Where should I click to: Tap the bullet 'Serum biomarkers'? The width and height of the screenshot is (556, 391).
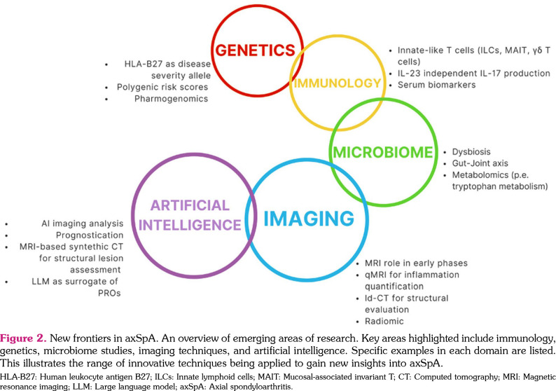[437, 85]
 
